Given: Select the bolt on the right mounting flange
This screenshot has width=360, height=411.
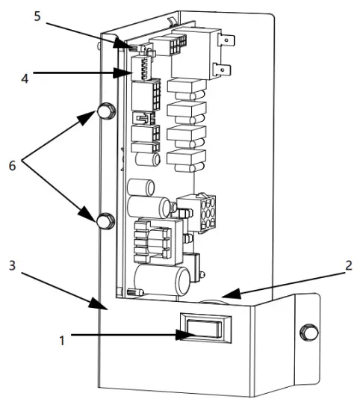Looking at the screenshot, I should click(x=305, y=331).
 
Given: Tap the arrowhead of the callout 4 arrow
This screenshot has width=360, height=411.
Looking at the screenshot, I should click(x=128, y=73).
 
